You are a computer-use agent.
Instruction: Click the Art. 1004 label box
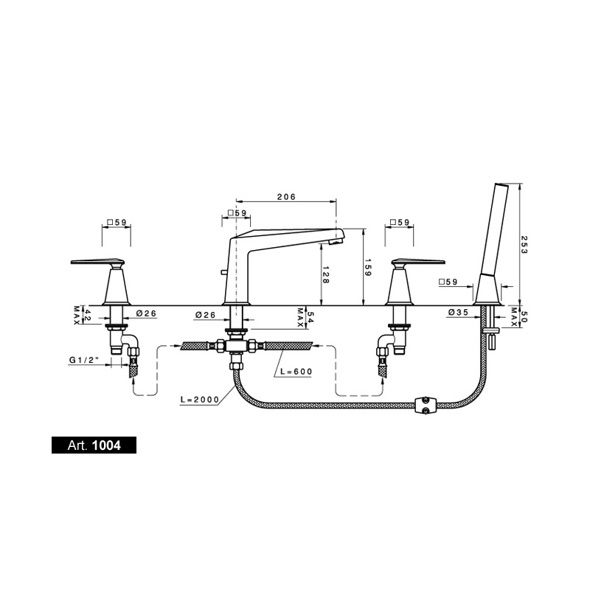coord(94,445)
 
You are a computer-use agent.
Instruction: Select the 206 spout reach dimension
coord(286,197)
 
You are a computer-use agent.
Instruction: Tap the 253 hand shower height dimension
coord(524,244)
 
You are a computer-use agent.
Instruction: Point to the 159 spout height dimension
coord(367,267)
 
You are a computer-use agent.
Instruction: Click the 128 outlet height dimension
coord(325,274)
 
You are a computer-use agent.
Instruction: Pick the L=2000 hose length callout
coord(199,400)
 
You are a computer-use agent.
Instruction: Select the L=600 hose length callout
coord(296,372)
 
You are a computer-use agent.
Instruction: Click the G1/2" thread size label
coord(84,360)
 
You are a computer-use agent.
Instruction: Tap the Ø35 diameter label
coord(458,312)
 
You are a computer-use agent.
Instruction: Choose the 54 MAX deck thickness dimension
coord(305,317)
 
